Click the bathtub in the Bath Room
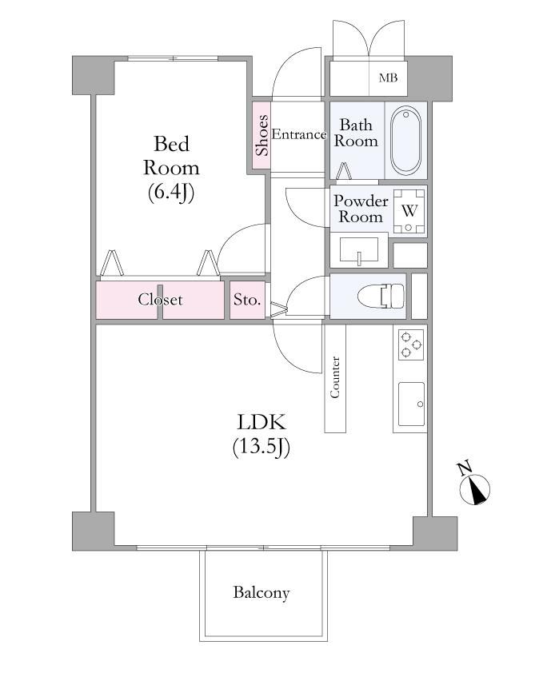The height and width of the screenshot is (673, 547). tap(405, 140)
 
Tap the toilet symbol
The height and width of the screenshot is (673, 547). tap(381, 296)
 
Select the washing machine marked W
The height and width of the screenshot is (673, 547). tap(409, 211)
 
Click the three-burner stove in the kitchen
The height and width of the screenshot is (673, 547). tap(410, 344)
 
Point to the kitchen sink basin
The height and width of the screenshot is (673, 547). tap(411, 404)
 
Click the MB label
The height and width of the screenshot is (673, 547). tap(388, 78)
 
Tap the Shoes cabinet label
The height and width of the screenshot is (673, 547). tap(262, 135)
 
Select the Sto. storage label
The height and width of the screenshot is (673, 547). tap(247, 299)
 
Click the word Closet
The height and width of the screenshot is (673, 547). tap(160, 299)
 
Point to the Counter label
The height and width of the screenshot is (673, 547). tap(335, 376)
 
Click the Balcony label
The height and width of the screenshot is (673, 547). tap(262, 593)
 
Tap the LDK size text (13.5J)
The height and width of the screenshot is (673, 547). tap(262, 448)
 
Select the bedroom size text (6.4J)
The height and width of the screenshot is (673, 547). tap(171, 193)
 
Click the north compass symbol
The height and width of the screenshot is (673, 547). tap(475, 490)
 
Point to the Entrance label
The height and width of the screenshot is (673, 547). tap(299, 135)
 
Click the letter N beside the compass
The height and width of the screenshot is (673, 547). tap(464, 468)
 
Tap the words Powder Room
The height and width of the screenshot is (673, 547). tap(361, 209)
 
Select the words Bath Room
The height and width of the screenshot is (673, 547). tap(356, 133)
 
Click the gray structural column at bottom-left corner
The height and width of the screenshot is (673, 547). tap(94, 531)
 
